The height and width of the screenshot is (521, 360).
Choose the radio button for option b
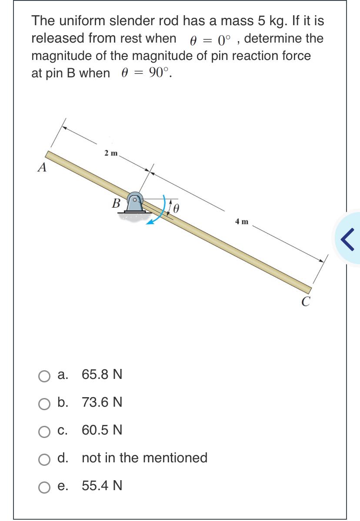pos(45,403)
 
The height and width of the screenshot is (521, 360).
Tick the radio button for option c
pos(45,431)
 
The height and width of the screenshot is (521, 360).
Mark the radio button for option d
pos(45,458)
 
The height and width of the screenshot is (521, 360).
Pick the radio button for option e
pos(45,486)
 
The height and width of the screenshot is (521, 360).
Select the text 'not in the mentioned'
pos(144,458)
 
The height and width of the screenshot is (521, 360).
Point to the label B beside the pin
pos(116,202)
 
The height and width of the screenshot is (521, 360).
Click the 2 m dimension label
pos(110,153)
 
